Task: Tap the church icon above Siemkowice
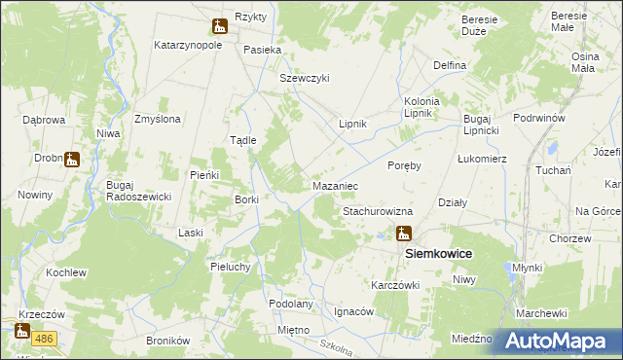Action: coord(403,234)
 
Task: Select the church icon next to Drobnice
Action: coord(71,159)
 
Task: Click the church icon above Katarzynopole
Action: coord(219,27)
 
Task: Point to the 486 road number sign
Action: coord(43,338)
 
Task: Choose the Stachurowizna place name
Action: coord(378,210)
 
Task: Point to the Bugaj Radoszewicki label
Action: coord(139,191)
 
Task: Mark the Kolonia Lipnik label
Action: coord(422,107)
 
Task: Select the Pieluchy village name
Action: coord(232,266)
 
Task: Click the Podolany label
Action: coord(291,304)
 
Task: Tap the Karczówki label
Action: coord(394,285)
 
